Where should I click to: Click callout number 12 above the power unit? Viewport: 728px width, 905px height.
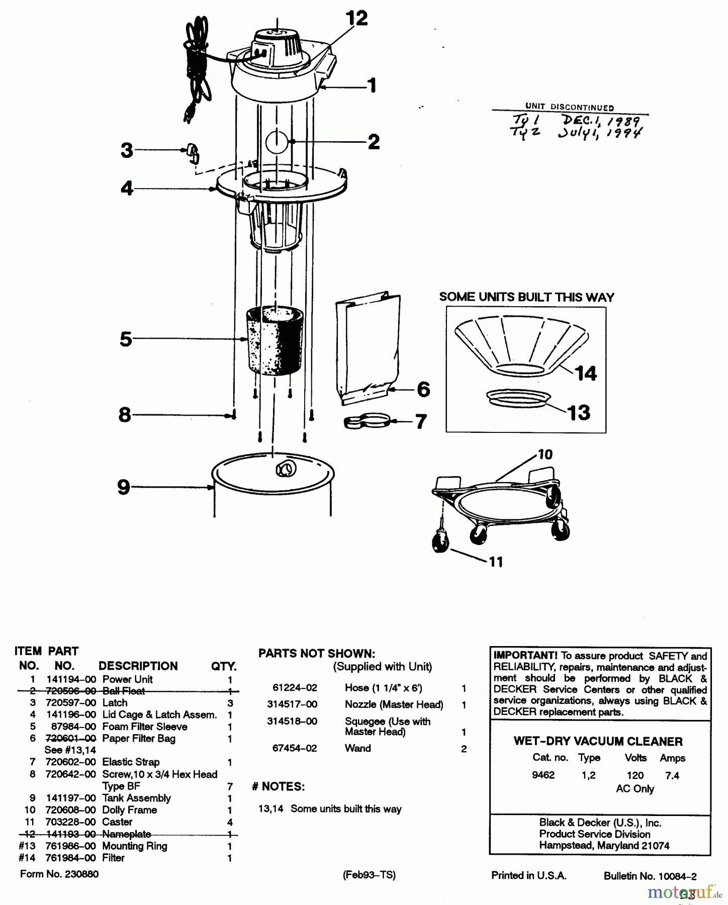(356, 19)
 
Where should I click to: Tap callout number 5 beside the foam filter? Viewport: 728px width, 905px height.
(126, 339)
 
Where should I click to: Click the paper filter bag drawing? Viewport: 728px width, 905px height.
(368, 347)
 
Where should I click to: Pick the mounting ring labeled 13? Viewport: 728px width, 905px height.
(518, 397)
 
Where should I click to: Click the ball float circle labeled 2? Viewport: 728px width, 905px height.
(276, 141)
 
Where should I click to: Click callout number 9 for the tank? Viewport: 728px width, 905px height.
(123, 487)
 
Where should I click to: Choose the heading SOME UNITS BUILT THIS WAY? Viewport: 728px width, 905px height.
(526, 297)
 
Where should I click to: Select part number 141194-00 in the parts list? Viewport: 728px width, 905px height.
(70, 679)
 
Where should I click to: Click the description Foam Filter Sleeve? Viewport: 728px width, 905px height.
(145, 727)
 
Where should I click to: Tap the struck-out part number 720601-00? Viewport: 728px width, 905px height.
(70, 738)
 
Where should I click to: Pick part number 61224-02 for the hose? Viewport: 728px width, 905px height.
(295, 687)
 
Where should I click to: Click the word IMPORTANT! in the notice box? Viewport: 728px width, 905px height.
(525, 656)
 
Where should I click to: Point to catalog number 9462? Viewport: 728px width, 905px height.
(543, 775)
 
